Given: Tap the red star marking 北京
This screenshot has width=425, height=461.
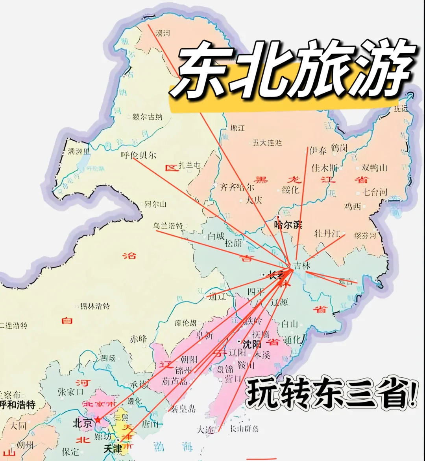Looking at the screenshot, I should point(98,420).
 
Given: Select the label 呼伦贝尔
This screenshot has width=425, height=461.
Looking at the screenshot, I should point(139,155).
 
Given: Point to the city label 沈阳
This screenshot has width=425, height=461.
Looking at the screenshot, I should point(252,344).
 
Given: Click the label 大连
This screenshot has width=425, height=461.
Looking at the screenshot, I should point(206,430).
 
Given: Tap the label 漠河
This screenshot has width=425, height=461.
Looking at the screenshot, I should point(163,33).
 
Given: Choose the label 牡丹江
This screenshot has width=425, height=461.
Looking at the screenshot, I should point(327,233).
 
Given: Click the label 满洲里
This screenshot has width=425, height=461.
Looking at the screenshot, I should point(78,151).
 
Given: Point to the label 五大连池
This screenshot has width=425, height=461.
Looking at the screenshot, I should point(268,142).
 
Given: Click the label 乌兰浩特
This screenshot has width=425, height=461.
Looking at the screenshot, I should point(168,226).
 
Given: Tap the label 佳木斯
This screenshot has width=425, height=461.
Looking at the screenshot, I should point(325,168).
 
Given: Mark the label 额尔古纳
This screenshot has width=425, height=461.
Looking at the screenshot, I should point(147,117).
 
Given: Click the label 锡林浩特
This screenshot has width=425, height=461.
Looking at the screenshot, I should point(94,306).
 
